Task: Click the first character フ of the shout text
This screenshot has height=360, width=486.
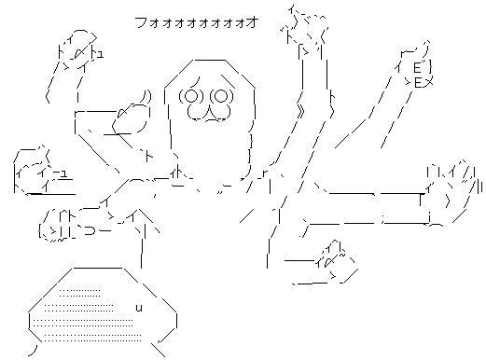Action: point(142,22)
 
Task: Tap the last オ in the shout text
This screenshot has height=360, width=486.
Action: point(253,22)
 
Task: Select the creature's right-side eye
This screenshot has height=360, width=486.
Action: point(222,96)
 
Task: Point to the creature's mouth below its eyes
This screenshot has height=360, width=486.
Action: point(209,113)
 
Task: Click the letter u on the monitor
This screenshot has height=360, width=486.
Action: point(139,308)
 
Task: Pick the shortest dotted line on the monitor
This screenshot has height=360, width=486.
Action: point(79,293)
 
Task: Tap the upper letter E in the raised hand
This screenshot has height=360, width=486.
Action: point(418,67)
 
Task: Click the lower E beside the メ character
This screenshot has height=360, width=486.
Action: point(418,83)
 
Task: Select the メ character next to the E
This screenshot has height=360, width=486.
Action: point(428,83)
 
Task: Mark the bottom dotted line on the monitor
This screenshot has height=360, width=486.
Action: point(92,340)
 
